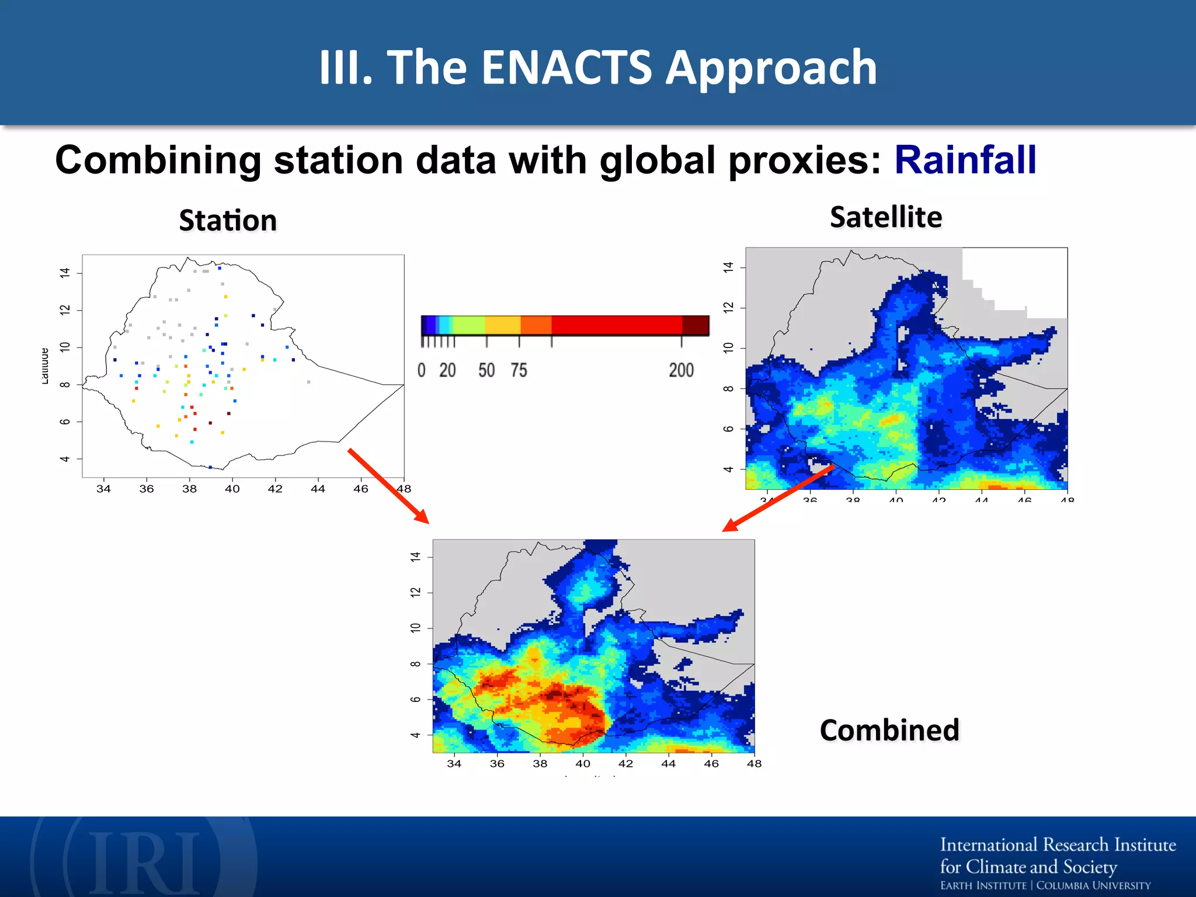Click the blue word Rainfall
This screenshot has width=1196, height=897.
[965, 160]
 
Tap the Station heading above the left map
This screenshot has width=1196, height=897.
[228, 221]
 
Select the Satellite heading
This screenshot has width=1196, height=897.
[886, 217]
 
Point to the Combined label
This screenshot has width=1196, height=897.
[889, 731]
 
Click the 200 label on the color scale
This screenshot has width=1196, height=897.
[681, 370]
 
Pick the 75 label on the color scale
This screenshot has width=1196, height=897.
[519, 370]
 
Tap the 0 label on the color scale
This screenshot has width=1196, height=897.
[422, 370]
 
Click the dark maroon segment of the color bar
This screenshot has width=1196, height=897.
[695, 325]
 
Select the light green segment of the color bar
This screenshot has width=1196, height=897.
[468, 325]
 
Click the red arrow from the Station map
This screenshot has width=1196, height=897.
[388, 486]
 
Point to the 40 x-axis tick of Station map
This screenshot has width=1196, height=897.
[232, 489]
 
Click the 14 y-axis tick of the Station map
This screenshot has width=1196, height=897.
[65, 273]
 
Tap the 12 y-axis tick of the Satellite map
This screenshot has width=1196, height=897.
[728, 308]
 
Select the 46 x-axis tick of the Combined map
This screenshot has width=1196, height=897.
[711, 763]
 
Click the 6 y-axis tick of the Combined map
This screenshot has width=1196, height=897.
[415, 699]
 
